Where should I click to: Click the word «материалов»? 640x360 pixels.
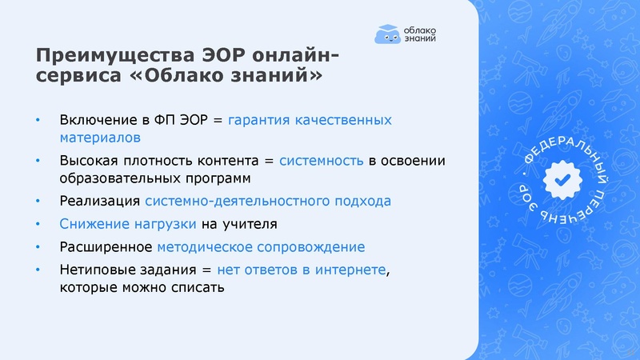97,138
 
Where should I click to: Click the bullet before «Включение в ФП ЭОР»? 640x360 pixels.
37,121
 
